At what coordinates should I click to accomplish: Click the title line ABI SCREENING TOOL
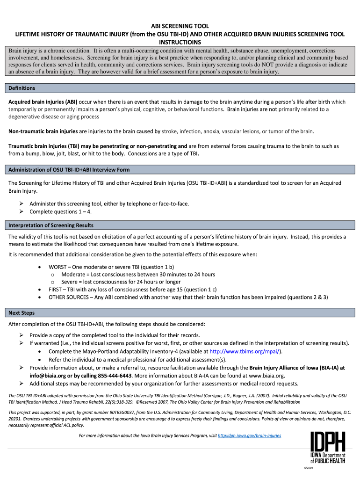pyautogui.click(x=179, y=26)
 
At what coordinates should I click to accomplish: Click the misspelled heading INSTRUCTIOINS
pyautogui.click(x=179, y=42)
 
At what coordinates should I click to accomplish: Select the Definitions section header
pyautogui.click(x=22, y=88)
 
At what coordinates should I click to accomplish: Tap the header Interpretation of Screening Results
pyautogui.click(x=51, y=225)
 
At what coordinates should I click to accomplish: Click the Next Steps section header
pyautogui.click(x=22, y=313)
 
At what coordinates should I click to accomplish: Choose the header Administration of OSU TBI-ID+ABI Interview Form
pyautogui.click(x=69, y=169)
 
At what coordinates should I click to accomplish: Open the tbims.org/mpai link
pyautogui.click(x=246, y=351)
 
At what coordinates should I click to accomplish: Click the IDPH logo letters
pyautogui.click(x=328, y=442)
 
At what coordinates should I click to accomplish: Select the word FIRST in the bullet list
pyautogui.click(x=57, y=290)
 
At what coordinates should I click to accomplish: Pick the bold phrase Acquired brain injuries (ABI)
pyautogui.click(x=43, y=102)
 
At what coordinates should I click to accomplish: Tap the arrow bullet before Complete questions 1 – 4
pyautogui.click(x=22, y=211)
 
